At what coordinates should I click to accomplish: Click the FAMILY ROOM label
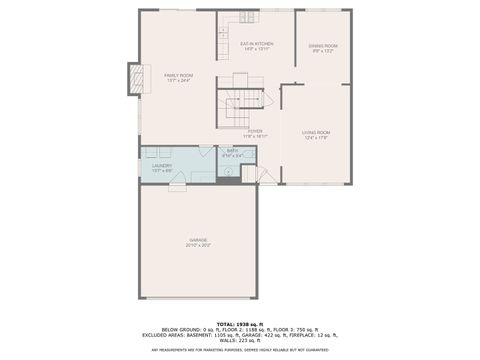pyautogui.click(x=179, y=75)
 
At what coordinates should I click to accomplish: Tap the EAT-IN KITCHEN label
pyautogui.click(x=257, y=44)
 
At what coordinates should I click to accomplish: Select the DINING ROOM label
pyautogui.click(x=322, y=46)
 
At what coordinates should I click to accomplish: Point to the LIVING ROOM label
pyautogui.click(x=316, y=132)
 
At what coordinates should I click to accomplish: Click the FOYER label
pyautogui.click(x=256, y=130)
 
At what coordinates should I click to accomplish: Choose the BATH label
pyautogui.click(x=232, y=150)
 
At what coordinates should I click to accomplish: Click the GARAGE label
pyautogui.click(x=198, y=240)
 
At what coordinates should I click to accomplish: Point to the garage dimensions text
pyautogui.click(x=198, y=245)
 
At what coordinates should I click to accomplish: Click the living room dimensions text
pyautogui.click(x=316, y=137)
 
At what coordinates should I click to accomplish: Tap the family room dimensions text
pyautogui.click(x=179, y=80)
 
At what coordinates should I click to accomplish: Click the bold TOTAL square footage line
pyautogui.click(x=239, y=323)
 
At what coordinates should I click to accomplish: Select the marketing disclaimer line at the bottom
pyautogui.click(x=239, y=350)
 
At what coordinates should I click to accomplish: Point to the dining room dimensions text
pyautogui.click(x=322, y=51)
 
